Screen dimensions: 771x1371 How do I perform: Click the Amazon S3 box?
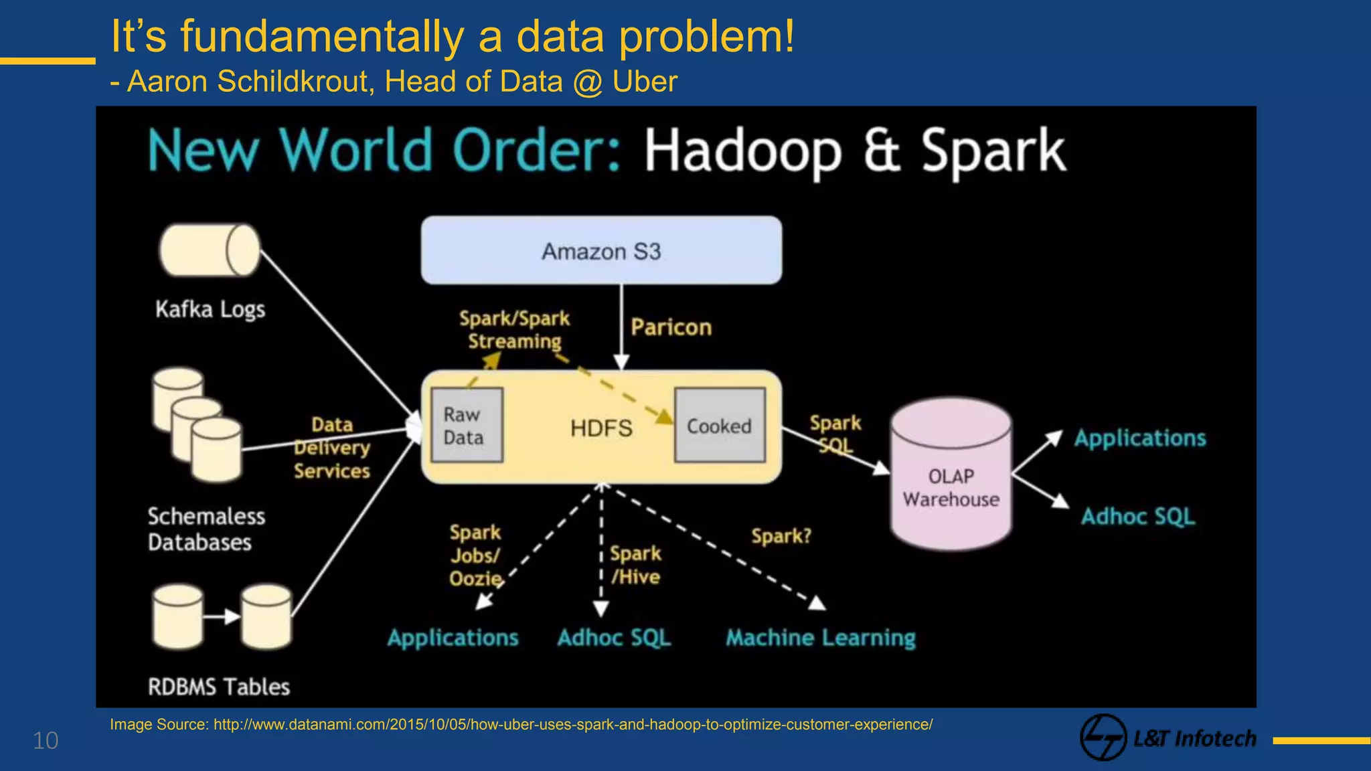[x=600, y=250]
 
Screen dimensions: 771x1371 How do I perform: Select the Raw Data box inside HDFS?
[x=467, y=425]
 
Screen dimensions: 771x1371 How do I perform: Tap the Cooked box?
[x=720, y=426]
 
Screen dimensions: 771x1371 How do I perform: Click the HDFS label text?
[x=601, y=428]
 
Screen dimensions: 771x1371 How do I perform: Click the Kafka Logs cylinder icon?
[x=210, y=250]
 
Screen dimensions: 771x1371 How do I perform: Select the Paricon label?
[x=671, y=327]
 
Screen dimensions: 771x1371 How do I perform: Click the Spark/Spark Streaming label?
[x=514, y=330]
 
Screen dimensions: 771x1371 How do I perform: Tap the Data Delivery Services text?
[x=332, y=448]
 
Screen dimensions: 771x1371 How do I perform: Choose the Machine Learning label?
[x=821, y=638]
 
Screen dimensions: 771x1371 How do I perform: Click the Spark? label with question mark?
[x=781, y=536]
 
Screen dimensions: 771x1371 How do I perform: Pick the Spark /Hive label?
[x=635, y=566]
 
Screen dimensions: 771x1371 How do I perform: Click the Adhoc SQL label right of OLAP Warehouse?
[x=1138, y=517]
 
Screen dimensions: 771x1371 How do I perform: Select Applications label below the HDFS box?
[x=453, y=638]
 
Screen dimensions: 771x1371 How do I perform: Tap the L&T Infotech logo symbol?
[x=1103, y=738]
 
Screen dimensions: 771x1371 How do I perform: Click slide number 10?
[x=46, y=741]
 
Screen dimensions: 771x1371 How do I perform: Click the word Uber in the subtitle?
[x=645, y=82]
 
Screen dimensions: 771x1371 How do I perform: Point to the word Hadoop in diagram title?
[x=742, y=151]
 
